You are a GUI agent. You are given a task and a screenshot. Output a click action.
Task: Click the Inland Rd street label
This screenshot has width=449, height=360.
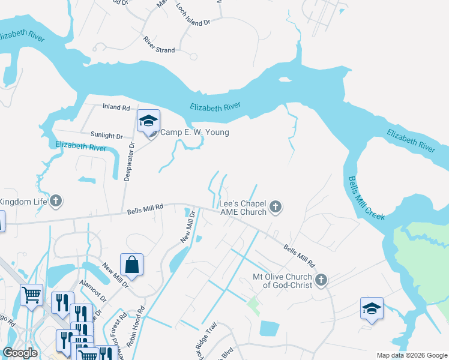116,108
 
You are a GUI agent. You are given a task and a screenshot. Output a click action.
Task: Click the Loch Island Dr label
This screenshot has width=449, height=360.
193,14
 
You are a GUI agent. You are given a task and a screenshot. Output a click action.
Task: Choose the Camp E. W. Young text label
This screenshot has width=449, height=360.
194,133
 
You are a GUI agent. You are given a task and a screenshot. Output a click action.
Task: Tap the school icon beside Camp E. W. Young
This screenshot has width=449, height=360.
148,121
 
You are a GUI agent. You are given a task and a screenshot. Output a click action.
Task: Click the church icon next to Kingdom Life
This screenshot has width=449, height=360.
56,201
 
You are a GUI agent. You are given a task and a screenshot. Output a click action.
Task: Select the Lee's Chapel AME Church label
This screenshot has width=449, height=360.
243,208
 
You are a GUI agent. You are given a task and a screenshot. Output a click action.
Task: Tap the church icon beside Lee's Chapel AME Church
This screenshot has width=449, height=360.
276,208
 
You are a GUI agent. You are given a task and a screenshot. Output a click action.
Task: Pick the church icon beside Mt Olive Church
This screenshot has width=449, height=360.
321,280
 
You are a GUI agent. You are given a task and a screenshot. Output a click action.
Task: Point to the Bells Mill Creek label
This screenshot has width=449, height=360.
366,198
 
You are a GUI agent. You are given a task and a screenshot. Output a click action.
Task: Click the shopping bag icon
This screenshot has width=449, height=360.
131,264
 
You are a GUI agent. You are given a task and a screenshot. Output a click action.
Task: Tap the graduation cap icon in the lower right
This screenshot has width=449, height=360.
372,309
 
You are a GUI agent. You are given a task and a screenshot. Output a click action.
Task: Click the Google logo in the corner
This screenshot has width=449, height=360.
20,353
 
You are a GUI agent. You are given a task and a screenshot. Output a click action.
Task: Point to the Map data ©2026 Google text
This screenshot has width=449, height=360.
412,355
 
